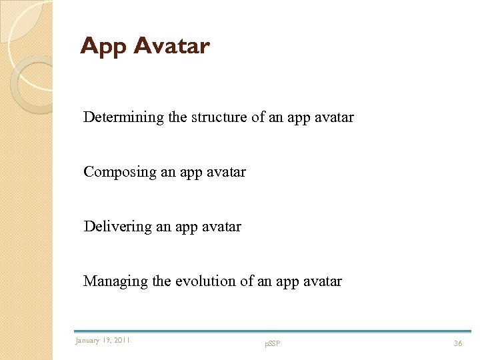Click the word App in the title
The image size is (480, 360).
[x=103, y=47]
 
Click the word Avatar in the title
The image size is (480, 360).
[x=171, y=46]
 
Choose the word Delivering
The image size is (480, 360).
[x=118, y=227]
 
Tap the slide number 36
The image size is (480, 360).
[x=458, y=343]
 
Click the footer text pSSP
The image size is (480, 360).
[x=272, y=344]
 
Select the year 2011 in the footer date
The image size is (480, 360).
[x=122, y=341]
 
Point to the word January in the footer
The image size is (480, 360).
[x=87, y=341]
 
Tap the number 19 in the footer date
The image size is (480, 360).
[x=107, y=341]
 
